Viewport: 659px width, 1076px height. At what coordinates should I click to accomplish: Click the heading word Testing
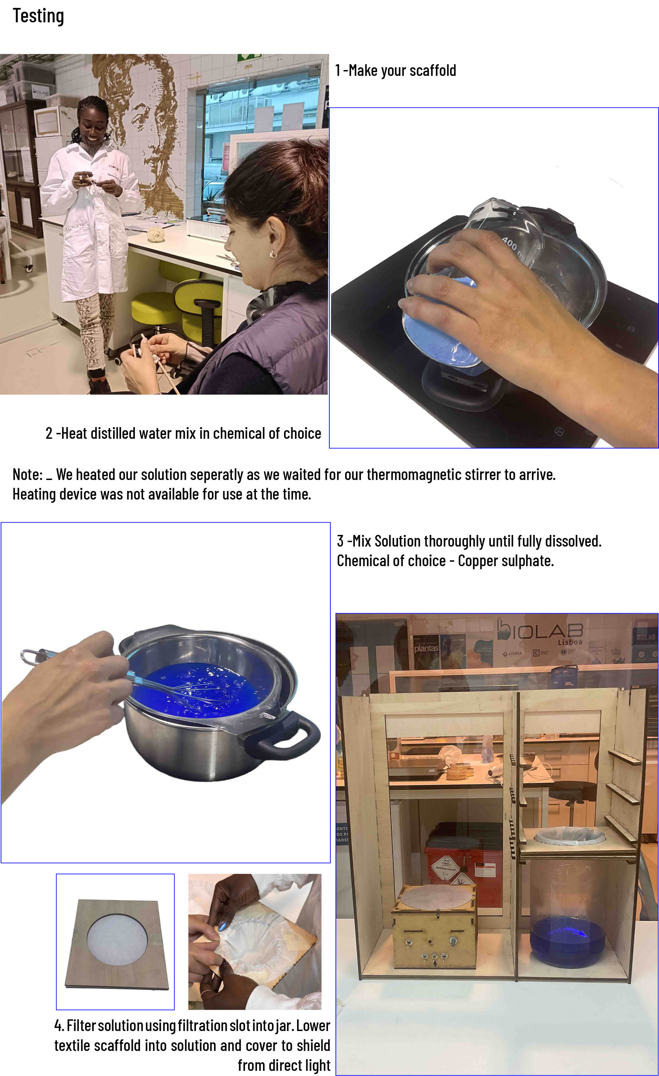[38, 16]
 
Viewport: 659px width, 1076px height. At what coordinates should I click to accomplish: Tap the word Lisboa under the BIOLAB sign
[569, 642]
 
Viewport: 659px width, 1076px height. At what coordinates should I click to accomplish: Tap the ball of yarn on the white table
[156, 234]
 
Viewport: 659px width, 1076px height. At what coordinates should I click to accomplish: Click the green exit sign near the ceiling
[249, 57]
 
